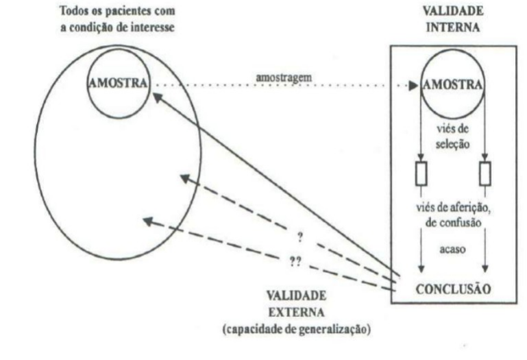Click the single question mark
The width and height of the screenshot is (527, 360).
[299, 238]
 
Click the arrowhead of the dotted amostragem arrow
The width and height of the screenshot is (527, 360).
[413, 86]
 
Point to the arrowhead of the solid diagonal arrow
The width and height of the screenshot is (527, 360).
[156, 97]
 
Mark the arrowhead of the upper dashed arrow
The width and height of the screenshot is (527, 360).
[184, 178]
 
